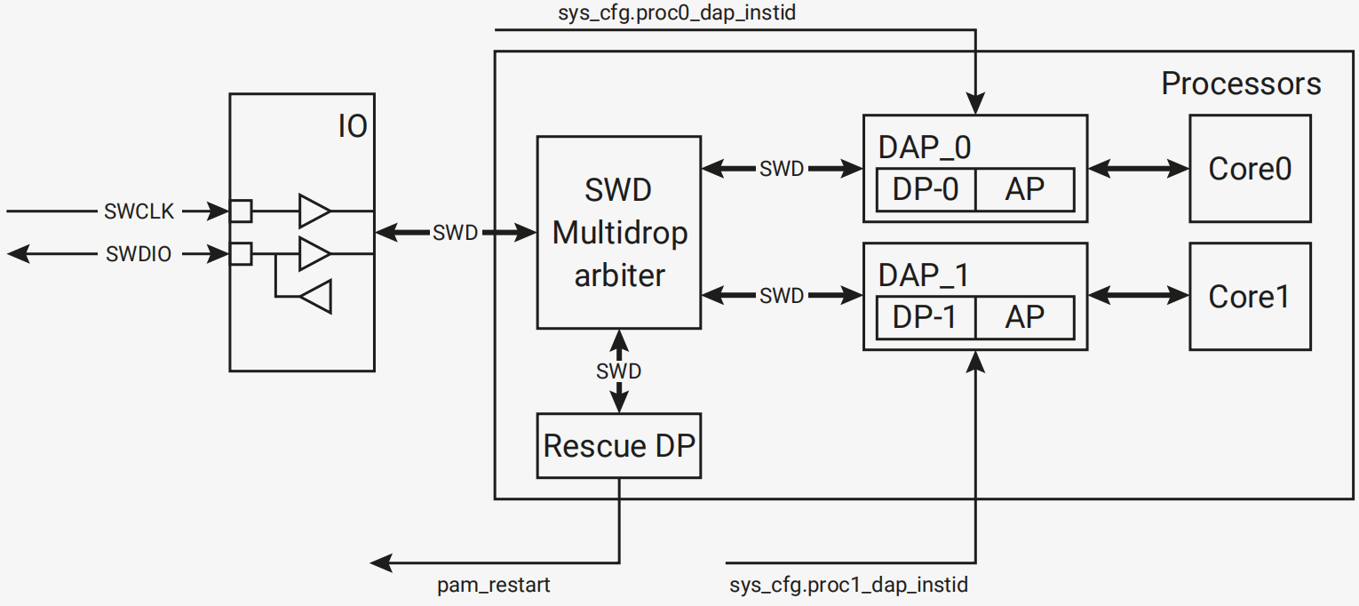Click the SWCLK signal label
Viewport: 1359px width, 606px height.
[139, 211]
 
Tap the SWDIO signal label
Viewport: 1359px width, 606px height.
[139, 254]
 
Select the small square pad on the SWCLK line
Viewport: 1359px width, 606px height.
[241, 211]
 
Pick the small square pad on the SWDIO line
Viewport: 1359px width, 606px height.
[241, 254]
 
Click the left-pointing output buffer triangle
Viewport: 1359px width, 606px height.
[315, 296]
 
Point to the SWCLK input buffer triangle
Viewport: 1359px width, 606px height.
[314, 211]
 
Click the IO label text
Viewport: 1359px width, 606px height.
[353, 126]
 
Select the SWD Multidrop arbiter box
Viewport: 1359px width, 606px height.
[619, 233]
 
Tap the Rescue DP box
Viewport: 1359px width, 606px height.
[619, 446]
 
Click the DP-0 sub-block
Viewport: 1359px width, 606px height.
[926, 189]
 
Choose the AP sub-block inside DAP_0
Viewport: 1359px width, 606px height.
[1025, 189]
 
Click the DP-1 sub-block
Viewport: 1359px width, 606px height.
[926, 317]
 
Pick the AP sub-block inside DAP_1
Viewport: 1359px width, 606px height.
[1025, 317]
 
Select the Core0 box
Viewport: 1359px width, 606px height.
[1251, 169]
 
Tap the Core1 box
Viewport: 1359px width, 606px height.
[1251, 297]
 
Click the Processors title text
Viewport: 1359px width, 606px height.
[1241, 84]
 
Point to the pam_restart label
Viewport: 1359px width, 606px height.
[493, 586]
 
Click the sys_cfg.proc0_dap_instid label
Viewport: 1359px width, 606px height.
[677, 12]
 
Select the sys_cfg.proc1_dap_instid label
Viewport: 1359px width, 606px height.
[849, 586]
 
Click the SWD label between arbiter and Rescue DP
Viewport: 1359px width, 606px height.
[619, 371]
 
